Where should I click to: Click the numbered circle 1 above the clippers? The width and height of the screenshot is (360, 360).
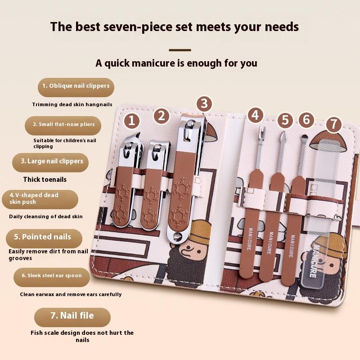tap(131, 121)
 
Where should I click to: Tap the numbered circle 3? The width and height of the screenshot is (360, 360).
tap(204, 103)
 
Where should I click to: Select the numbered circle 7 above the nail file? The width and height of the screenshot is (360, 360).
tap(333, 124)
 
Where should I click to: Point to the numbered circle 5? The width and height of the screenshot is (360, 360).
tap(285, 120)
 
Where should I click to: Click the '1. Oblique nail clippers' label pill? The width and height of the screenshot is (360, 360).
tap(76, 87)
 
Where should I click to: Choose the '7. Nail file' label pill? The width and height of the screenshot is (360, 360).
tap(72, 317)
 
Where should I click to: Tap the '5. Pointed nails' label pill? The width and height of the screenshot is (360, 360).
tap(44, 238)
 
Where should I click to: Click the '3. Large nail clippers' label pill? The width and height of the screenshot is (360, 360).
tap(50, 162)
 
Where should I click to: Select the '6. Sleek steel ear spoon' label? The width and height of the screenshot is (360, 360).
tap(52, 277)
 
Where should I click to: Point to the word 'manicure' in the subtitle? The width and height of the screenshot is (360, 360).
tap(153, 63)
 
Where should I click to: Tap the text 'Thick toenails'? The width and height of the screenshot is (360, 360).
tap(45, 179)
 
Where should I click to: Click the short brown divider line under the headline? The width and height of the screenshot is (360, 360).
tap(180, 50)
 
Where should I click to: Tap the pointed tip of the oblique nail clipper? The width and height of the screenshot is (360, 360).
tap(139, 133)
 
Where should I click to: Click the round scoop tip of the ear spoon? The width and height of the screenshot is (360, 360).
tap(305, 137)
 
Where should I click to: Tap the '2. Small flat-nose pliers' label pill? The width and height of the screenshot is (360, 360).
tap(63, 126)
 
